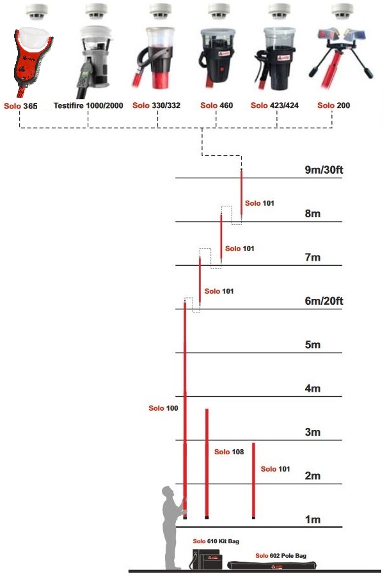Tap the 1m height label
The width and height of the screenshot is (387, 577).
coord(312,519)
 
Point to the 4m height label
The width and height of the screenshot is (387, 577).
coord(312,389)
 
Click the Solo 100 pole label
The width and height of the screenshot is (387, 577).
coord(163,408)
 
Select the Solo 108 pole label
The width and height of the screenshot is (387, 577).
coord(229,452)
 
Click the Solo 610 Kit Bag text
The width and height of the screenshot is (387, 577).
coord(216,541)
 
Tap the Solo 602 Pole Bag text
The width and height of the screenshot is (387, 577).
coord(280,556)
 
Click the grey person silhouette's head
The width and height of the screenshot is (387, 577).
coord(168,493)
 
